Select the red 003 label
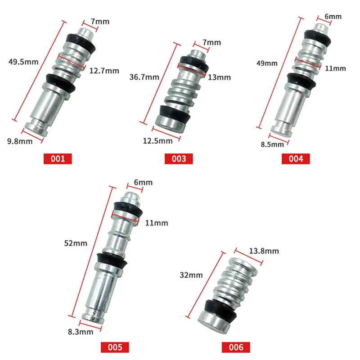(x=179, y=158)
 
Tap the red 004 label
(x=296, y=158)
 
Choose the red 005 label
(x=115, y=347)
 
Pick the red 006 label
(x=236, y=347)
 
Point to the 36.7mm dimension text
(x=144, y=77)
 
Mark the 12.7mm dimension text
(x=104, y=71)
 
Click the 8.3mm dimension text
(x=81, y=332)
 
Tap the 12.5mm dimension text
(x=159, y=140)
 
